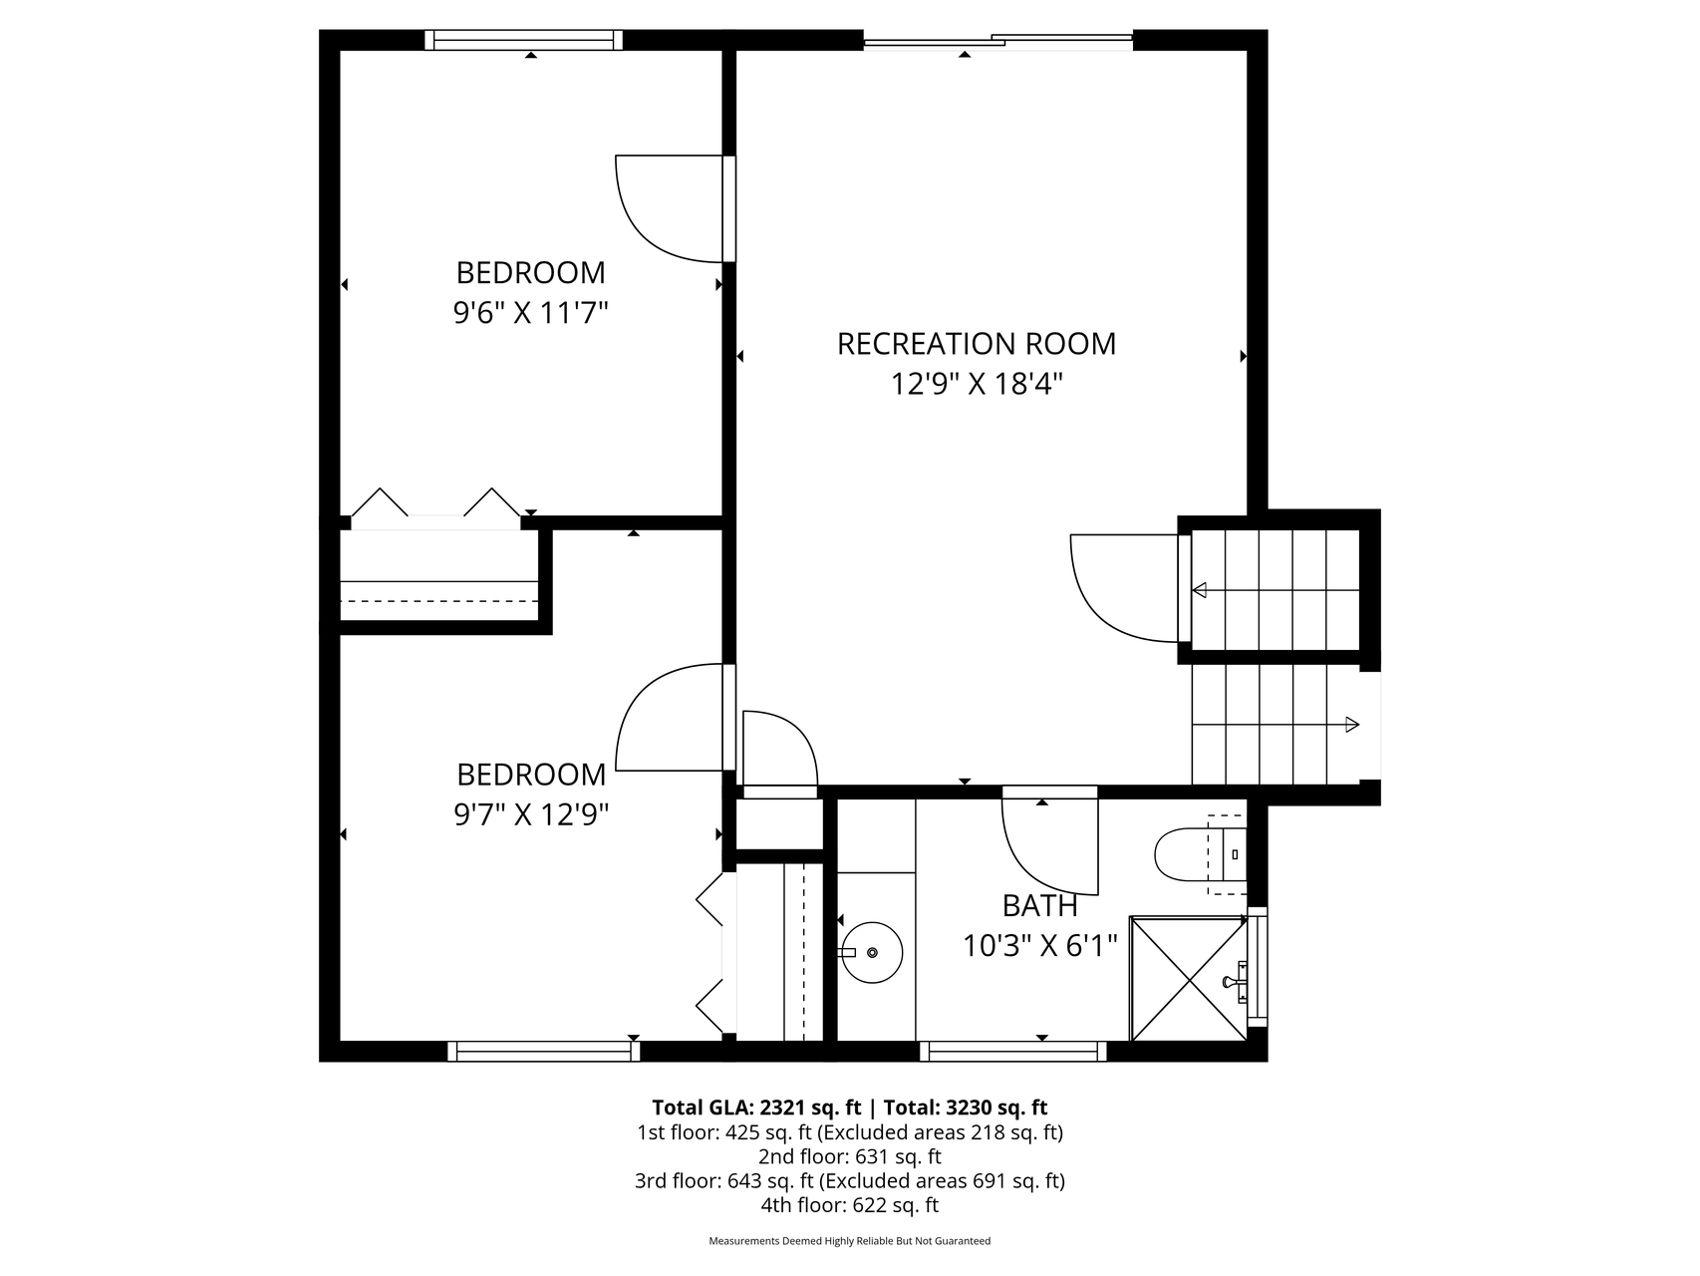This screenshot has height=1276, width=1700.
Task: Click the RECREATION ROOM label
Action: coord(977,344)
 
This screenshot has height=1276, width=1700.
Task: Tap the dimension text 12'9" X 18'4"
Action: coord(978,384)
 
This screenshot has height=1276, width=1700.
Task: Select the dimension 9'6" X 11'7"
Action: coord(531,313)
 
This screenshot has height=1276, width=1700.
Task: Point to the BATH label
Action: coord(1040,905)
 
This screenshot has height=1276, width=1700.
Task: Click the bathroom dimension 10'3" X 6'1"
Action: coord(1040,945)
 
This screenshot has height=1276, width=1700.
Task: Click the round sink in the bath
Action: coord(871,952)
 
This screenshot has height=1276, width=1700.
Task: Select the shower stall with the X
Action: coord(1188,978)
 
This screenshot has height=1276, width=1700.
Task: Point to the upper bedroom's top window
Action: coord(524,40)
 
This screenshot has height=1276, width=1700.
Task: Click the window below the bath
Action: coord(1013,1051)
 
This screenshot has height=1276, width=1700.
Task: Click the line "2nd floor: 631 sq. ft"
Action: coord(850,1157)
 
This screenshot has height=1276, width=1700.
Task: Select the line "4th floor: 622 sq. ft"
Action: coord(849,1205)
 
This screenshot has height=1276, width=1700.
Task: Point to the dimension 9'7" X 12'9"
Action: coord(531,815)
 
